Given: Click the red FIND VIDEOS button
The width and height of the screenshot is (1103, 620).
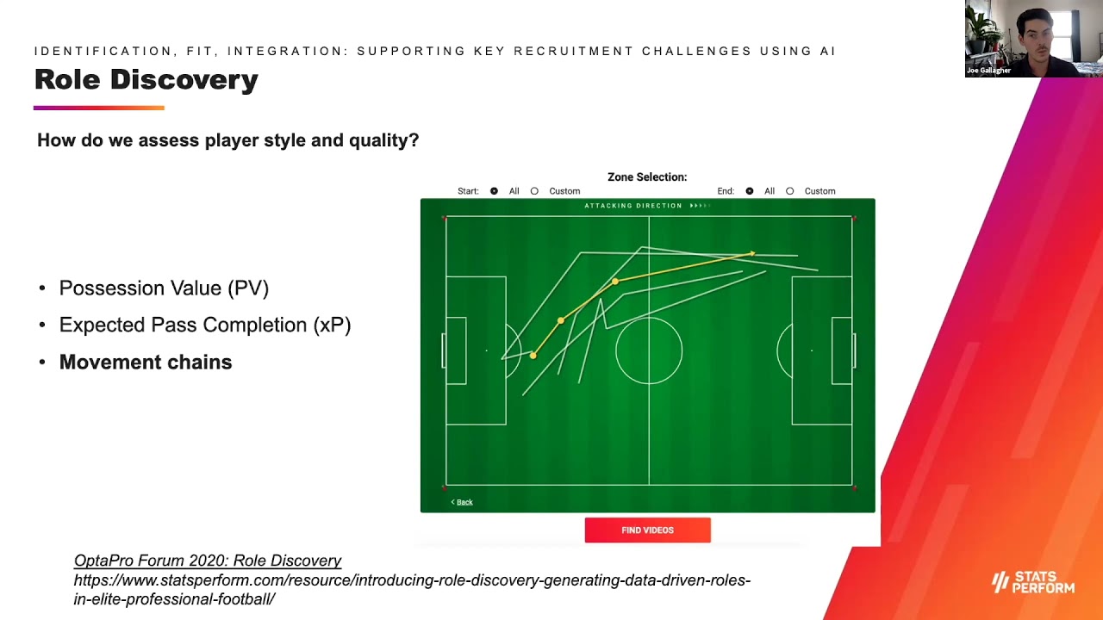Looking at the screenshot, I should pos(647,530).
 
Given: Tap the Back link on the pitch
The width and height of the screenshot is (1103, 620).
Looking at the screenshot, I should pos(463,502).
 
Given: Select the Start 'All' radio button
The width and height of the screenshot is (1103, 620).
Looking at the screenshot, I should pos(494,191).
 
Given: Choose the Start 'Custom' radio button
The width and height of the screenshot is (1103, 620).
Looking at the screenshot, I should pos(534,191).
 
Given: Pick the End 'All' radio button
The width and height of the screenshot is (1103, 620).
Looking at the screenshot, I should pos(749,191).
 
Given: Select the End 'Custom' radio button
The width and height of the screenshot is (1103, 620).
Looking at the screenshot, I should pos(789,191).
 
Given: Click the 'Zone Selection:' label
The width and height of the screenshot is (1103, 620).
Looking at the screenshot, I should pos(647,177).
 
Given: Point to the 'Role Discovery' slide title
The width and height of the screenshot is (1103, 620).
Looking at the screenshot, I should pos(146,80).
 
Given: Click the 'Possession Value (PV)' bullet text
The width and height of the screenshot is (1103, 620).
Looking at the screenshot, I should pos(164,288).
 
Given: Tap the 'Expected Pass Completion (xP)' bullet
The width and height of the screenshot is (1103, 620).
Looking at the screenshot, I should pos(205,325).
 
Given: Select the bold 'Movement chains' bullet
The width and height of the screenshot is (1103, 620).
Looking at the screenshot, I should pos(146,363).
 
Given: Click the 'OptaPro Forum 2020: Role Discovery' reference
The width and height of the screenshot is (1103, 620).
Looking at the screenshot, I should pos(208,561).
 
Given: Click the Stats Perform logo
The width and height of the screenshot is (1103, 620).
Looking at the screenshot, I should pos(1033,582).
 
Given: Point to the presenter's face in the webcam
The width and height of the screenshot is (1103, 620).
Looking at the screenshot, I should pos(1034,34).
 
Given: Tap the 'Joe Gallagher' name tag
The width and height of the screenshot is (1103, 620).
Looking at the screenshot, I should pos(988,71).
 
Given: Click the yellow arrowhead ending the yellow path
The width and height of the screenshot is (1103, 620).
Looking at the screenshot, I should pos(752,253).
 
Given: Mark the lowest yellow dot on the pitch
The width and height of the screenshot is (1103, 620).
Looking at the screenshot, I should pos(533,355).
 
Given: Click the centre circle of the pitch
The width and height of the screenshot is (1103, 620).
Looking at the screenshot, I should pos(649,350).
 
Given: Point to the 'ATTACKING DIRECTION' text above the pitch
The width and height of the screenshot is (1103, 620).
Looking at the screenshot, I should pos(633,206).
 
